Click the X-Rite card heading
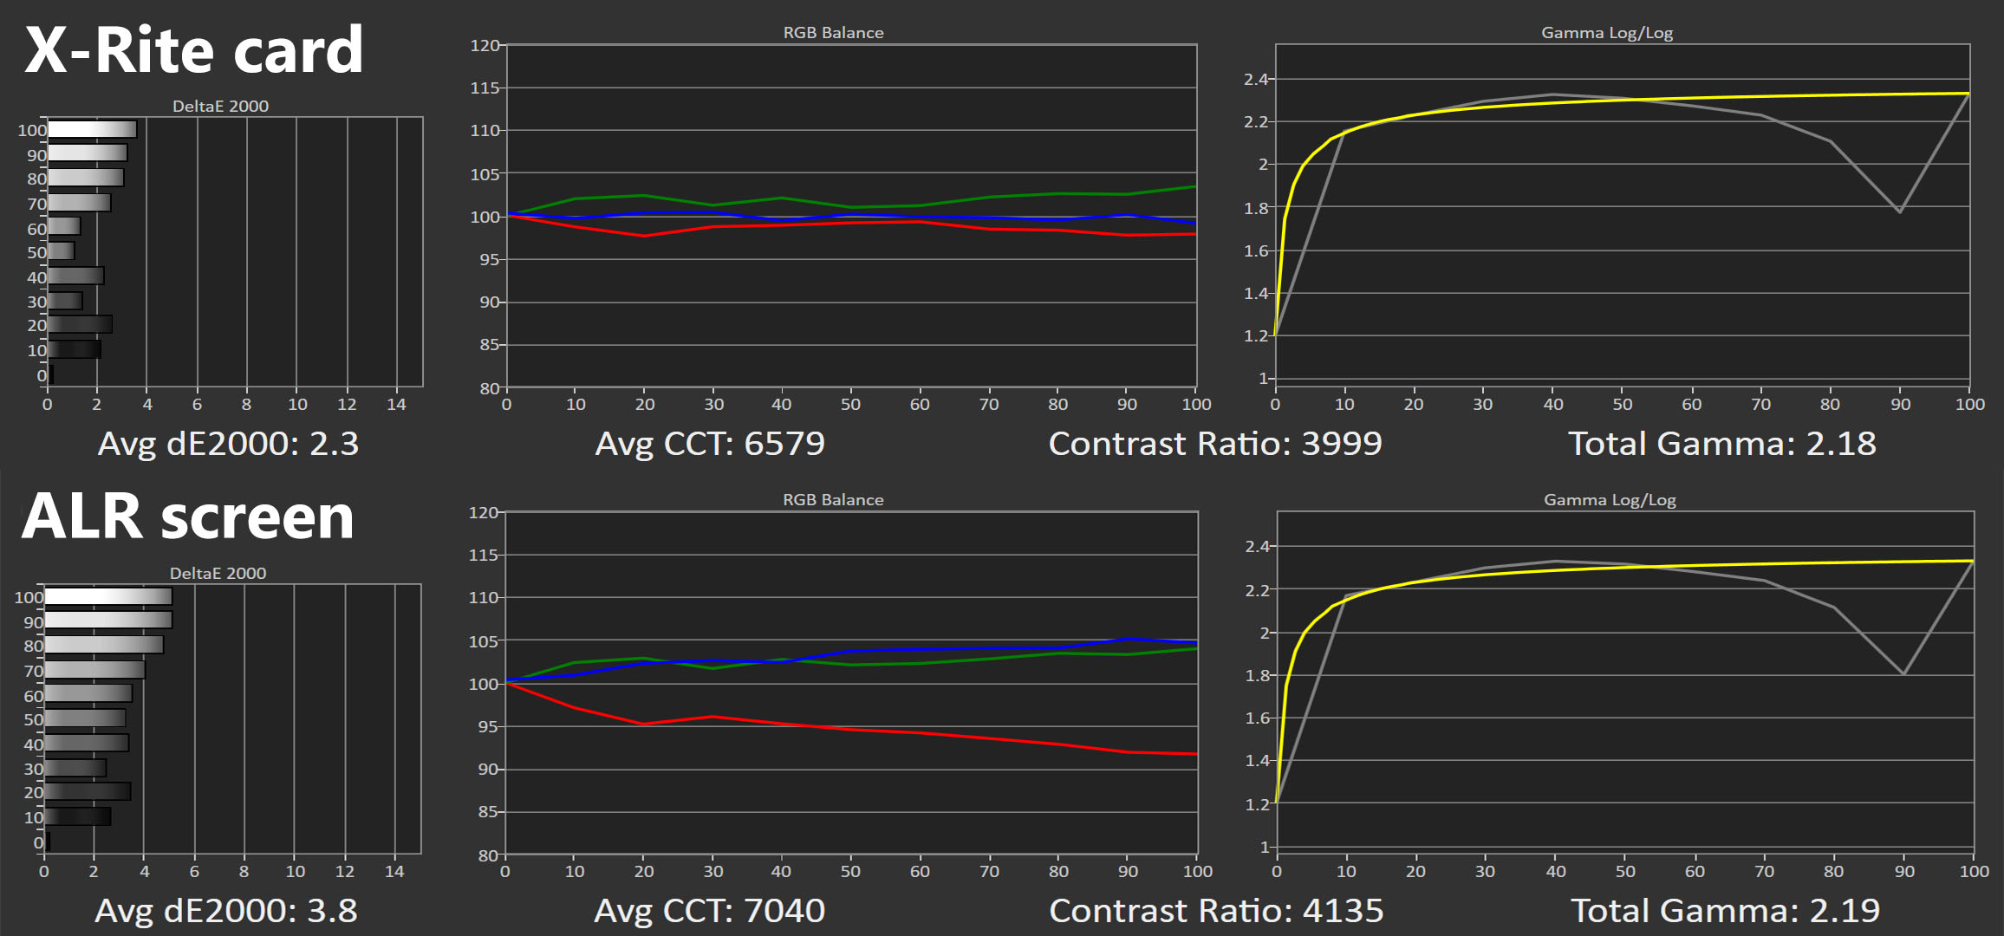click(x=193, y=50)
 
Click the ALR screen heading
click(x=187, y=517)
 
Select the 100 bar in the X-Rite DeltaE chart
click(x=92, y=129)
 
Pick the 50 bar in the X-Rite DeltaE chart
click(x=61, y=251)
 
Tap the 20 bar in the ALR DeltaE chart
click(x=88, y=791)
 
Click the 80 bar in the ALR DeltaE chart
click(x=104, y=645)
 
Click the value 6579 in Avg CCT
click(x=784, y=444)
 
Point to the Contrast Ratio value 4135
click(x=1343, y=911)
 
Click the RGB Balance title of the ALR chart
click(x=833, y=500)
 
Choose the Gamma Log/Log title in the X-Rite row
click(x=1606, y=33)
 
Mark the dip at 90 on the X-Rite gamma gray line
click(x=1899, y=211)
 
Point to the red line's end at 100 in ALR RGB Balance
click(x=1196, y=754)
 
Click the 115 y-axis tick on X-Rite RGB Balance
click(x=485, y=88)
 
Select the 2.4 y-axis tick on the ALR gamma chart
click(x=1257, y=546)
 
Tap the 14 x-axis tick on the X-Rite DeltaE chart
click(x=396, y=405)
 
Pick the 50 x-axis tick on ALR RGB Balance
click(x=850, y=871)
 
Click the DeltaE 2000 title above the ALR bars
click(x=218, y=573)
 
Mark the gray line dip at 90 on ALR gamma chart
click(x=1903, y=673)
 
